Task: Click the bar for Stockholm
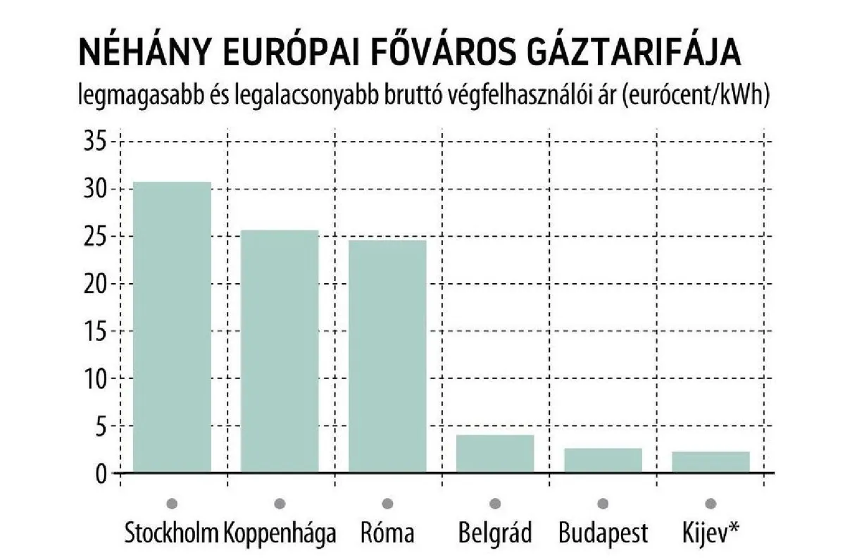tap(173, 327)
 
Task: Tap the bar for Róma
tap(387, 356)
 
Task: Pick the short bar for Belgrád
tap(495, 454)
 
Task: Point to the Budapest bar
tap(603, 460)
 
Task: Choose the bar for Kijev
tap(711, 462)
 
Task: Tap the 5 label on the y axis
tap(100, 426)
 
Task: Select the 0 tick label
tap(100, 473)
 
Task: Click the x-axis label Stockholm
tap(171, 533)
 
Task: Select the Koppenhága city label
tap(280, 533)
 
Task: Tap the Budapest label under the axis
tap(603, 533)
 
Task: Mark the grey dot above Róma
tap(387, 503)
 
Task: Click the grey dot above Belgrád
tap(495, 503)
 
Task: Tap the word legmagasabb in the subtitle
tap(139, 97)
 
